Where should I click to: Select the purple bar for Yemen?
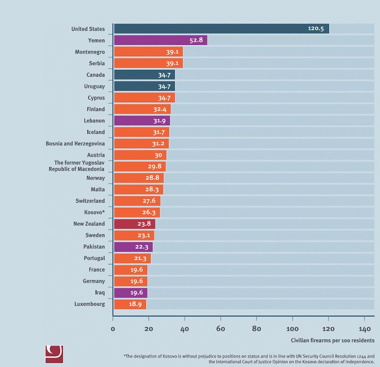pyautogui.click(x=160, y=40)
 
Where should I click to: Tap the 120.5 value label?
pyautogui.click(x=317, y=29)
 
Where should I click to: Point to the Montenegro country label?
pyautogui.click(x=90, y=52)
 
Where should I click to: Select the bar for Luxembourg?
pyautogui.click(x=130, y=304)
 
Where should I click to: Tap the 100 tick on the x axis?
pyautogui.click(x=292, y=329)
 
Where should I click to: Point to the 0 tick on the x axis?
pyautogui.click(x=113, y=329)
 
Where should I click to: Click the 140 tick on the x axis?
pyautogui.click(x=364, y=329)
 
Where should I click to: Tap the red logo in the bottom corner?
pyautogui.click(x=54, y=354)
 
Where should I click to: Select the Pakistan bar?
pyautogui.click(x=133, y=247)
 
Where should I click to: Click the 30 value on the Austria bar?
pyautogui.click(x=158, y=155)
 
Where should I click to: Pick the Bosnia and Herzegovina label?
pyautogui.click(x=75, y=143)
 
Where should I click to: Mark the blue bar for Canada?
pyautogui.click(x=144, y=75)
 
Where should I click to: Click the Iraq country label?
pyautogui.click(x=99, y=292)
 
